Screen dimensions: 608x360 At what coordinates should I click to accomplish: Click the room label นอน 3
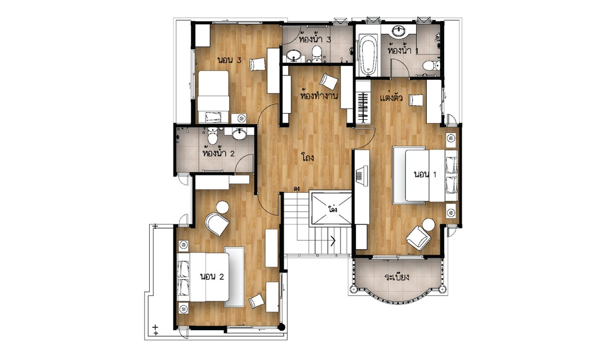(229, 60)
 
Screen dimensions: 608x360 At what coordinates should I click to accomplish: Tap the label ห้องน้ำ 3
(315, 39)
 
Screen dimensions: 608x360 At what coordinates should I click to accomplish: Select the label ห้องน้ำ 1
(403, 51)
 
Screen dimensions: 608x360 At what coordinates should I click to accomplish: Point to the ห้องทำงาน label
(319, 95)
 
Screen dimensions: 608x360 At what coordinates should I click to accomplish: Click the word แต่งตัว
(392, 97)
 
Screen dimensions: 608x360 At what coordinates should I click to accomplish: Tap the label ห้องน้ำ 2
(218, 153)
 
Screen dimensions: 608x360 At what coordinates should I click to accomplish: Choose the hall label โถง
(307, 157)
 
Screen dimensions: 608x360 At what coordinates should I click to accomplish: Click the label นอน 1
(425, 174)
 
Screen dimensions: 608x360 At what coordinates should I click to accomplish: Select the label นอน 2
(212, 277)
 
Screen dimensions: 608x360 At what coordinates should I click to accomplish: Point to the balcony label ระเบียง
(397, 277)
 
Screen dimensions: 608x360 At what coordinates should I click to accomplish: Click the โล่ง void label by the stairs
(332, 209)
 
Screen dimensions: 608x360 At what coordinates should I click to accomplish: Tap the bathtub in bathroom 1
(368, 56)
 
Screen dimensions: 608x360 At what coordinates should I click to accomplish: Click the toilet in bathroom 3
(317, 54)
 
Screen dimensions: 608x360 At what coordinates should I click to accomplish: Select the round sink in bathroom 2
(239, 134)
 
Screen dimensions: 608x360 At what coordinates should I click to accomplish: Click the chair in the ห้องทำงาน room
(328, 82)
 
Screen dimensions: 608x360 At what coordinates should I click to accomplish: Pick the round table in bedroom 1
(429, 224)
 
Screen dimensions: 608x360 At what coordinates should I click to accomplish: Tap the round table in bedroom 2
(222, 208)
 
